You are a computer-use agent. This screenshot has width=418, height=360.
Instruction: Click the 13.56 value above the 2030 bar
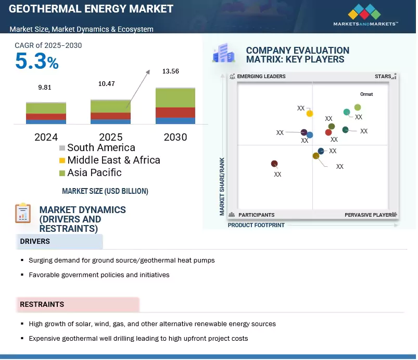(x=170, y=71)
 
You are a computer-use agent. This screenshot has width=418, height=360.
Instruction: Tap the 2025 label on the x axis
(x=110, y=138)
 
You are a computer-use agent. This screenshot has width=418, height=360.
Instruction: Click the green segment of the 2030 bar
(x=175, y=97)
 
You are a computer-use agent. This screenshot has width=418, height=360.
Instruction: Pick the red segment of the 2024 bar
(x=46, y=117)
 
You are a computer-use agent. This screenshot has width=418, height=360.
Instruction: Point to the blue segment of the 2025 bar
(x=110, y=121)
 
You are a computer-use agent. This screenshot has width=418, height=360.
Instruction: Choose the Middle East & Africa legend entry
(x=109, y=160)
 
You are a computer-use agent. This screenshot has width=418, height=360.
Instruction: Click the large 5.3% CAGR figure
(x=36, y=62)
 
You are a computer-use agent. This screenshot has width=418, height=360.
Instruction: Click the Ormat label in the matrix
(x=366, y=94)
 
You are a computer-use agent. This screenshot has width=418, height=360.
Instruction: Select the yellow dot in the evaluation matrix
(x=310, y=113)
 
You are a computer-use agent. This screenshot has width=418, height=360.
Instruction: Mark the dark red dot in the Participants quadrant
(x=274, y=164)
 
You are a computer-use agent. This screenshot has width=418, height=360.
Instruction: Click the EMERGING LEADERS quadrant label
(x=261, y=77)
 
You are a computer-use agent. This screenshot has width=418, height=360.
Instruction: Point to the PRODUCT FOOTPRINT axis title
(x=256, y=226)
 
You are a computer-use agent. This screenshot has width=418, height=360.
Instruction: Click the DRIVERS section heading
(x=35, y=242)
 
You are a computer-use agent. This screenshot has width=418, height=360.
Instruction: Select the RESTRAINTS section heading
(x=42, y=304)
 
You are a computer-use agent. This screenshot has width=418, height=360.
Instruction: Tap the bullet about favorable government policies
(x=99, y=275)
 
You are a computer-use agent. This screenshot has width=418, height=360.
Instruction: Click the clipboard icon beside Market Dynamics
(x=22, y=213)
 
